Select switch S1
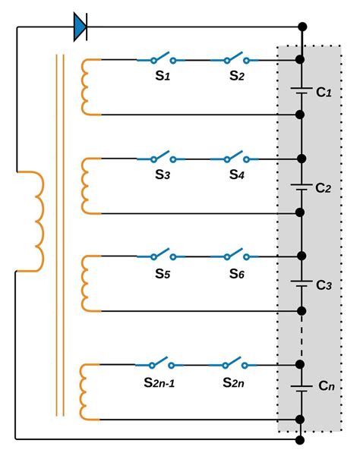pyautogui.click(x=161, y=58)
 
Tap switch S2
pyautogui.click(x=234, y=58)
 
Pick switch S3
pyautogui.click(x=161, y=159)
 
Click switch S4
pyautogui.click(x=234, y=159)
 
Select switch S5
pyautogui.click(x=161, y=256)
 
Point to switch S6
pyautogui.click(x=234, y=256)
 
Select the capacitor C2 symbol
pyautogui.click(x=302, y=185)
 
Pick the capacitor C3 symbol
pyautogui.click(x=302, y=282)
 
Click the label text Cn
pyautogui.click(x=326, y=387)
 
